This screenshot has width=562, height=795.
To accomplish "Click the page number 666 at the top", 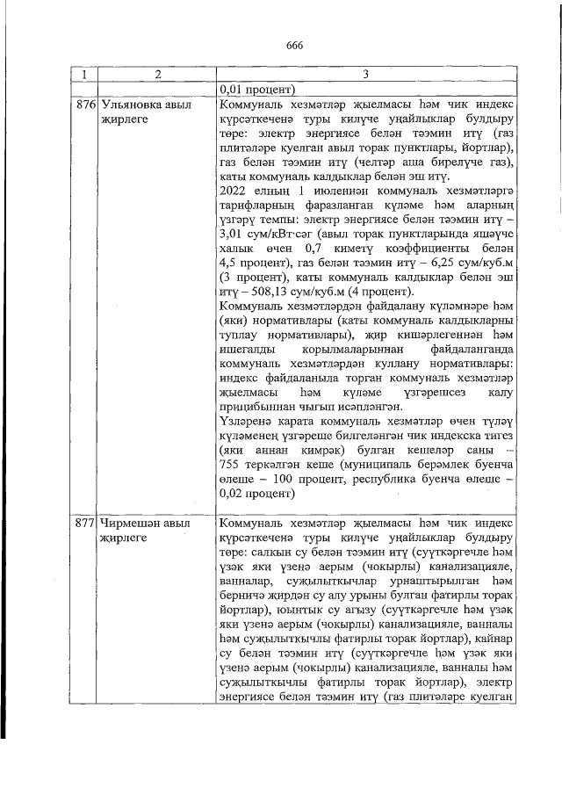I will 293,47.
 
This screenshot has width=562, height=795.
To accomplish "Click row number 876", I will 84,105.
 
